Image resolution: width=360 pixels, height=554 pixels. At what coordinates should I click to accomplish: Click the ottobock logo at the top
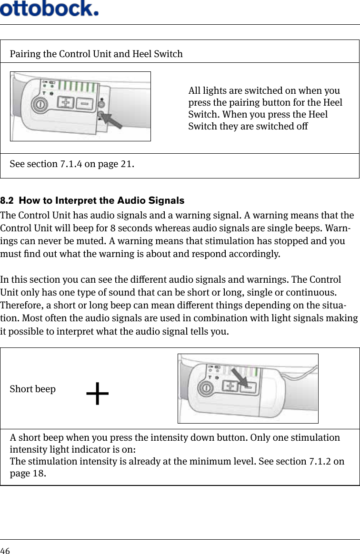pos(50,8)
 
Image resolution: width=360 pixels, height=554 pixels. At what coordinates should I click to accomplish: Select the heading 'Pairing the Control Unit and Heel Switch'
pos(96,53)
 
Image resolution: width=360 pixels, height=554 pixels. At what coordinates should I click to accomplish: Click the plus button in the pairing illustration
pos(66,102)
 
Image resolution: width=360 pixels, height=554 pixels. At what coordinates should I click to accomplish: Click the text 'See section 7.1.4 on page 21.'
pos(72,165)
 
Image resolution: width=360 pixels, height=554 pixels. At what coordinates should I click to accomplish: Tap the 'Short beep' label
pos(32,389)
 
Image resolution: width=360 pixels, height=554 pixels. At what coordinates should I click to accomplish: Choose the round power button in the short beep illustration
pos(206,388)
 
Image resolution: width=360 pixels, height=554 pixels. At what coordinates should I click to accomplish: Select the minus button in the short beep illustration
pos(249,388)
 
